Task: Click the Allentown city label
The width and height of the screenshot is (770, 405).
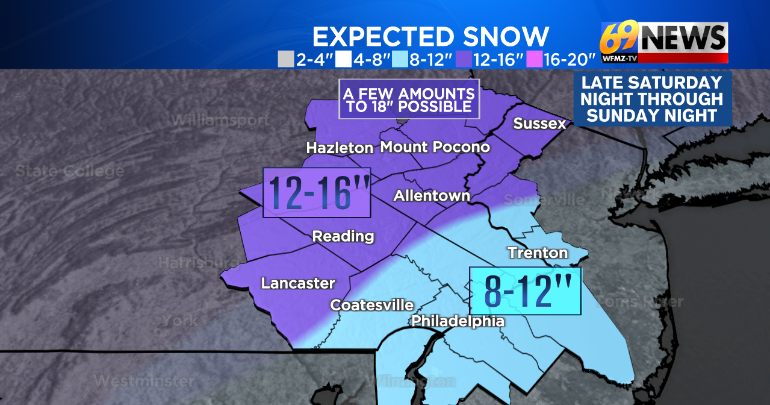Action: [432, 196]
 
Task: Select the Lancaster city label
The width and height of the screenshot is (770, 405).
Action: [298, 283]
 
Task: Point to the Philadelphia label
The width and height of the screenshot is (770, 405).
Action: [458, 321]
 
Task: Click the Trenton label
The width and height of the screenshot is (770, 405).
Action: [538, 253]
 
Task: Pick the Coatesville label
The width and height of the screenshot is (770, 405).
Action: [371, 306]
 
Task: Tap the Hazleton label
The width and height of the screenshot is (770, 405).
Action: [340, 148]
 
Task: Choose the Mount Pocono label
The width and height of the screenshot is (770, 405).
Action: [435, 147]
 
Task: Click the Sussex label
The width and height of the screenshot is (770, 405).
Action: [539, 124]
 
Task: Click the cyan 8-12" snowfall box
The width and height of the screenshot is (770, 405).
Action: [525, 291]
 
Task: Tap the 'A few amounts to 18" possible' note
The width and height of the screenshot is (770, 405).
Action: [409, 99]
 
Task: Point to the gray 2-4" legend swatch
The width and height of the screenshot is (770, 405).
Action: [285, 59]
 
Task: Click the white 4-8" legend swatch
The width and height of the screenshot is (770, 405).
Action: [343, 59]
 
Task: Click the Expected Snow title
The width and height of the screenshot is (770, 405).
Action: [430, 37]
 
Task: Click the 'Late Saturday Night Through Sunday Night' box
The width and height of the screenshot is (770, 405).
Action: [652, 99]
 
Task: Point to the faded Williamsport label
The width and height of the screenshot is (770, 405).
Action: [220, 120]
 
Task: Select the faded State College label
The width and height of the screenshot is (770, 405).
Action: [70, 171]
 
